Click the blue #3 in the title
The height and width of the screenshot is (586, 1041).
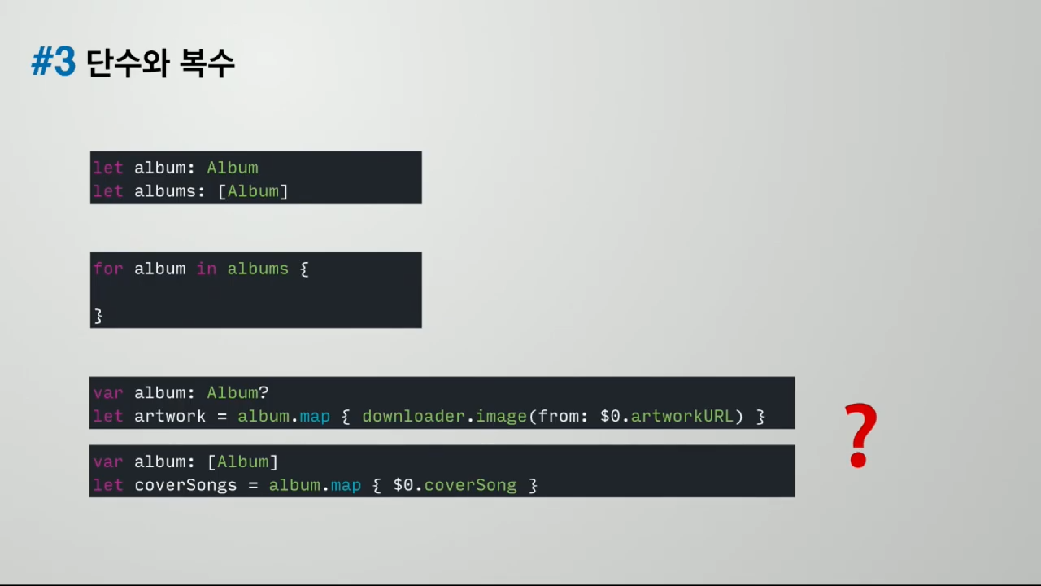point(54,63)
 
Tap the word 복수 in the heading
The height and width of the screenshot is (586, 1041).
point(208,63)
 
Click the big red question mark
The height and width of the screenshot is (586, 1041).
point(861,435)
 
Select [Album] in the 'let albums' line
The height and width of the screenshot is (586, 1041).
point(253,191)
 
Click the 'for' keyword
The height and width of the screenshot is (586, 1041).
point(108,269)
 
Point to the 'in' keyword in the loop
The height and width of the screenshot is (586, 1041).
point(207,269)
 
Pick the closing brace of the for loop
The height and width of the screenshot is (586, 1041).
point(98,315)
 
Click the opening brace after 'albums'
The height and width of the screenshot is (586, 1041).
point(304,269)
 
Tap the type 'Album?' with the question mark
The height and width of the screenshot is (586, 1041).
point(237,393)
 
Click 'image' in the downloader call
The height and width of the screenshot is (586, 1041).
point(501,417)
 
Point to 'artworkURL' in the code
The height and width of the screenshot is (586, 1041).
point(682,417)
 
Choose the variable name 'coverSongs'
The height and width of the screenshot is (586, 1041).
point(185,485)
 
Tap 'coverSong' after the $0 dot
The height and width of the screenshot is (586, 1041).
point(470,485)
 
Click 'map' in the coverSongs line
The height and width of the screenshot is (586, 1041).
point(346,485)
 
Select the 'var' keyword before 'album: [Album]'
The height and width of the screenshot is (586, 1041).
point(108,461)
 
